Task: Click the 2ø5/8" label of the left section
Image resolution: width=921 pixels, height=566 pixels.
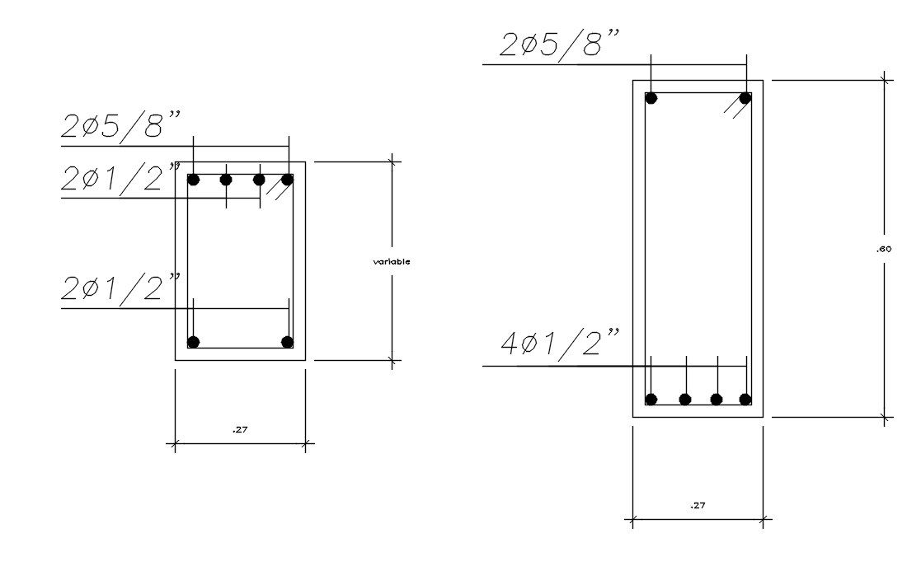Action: [120, 126]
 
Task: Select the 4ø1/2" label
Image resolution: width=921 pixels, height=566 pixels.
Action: [560, 342]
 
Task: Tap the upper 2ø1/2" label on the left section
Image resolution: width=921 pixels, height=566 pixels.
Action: [120, 178]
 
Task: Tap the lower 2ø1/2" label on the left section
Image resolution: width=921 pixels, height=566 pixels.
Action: [120, 288]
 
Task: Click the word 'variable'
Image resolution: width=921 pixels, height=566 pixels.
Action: [392, 261]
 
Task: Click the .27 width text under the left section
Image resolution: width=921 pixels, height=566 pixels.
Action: [240, 429]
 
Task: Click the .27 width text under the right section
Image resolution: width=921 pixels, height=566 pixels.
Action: [698, 506]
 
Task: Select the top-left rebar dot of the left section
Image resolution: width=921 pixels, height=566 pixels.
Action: [194, 180]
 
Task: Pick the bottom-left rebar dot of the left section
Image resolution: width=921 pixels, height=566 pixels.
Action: [194, 342]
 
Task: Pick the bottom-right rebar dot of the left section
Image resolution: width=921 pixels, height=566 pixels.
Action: [287, 342]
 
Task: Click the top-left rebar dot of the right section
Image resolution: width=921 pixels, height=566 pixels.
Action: [651, 98]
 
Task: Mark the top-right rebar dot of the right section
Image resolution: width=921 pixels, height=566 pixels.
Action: [745, 98]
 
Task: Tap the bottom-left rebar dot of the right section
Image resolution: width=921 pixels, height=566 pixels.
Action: [651, 400]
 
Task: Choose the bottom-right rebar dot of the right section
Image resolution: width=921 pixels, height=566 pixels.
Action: [745, 400]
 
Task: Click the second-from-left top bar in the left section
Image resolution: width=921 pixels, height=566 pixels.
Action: [226, 180]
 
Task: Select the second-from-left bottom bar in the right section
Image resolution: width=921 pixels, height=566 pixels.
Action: [685, 400]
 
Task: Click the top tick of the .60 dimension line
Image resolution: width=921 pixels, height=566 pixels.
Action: [886, 80]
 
